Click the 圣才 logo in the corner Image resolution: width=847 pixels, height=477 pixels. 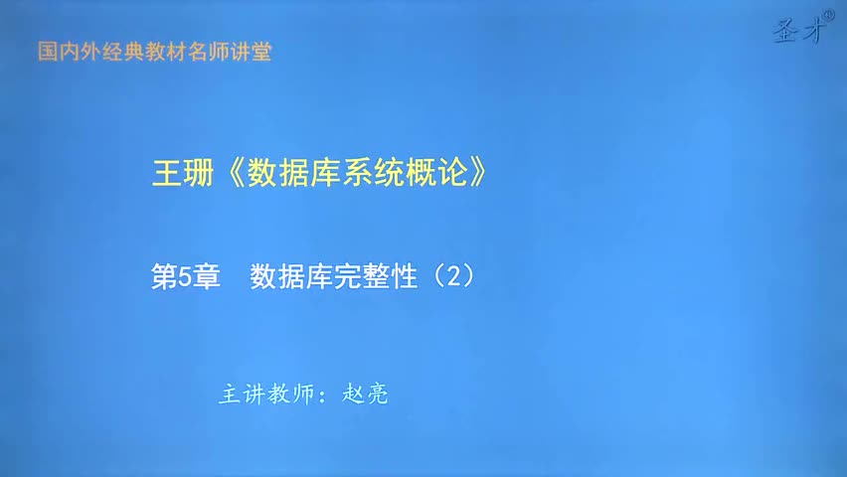pyautogui.click(x=800, y=32)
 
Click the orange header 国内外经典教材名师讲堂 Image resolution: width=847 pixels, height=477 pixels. pyautogui.click(x=154, y=52)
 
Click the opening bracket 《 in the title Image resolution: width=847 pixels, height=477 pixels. pyautogui.click(x=230, y=173)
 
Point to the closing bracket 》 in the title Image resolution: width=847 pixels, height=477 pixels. pyautogui.click(x=479, y=173)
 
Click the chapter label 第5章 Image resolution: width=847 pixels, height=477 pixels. pyautogui.click(x=184, y=277)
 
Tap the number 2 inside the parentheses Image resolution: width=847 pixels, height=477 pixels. pyautogui.click(x=453, y=277)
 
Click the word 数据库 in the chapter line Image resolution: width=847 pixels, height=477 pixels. pyautogui.click(x=293, y=277)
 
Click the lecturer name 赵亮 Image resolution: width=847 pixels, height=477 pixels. pyautogui.click(x=365, y=395)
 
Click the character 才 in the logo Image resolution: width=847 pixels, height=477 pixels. pyautogui.click(x=813, y=33)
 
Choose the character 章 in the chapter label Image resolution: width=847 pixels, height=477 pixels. pyautogui.click(x=207, y=277)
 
